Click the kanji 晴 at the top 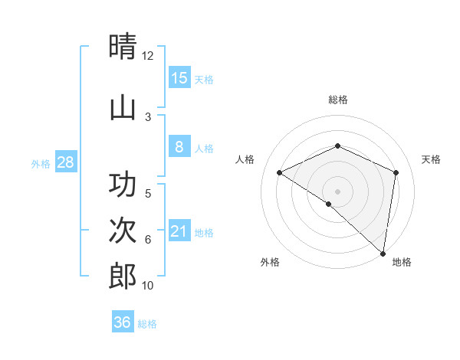[x=123, y=47]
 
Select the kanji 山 [x=123, y=107]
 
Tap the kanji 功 [x=123, y=185]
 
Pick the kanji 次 [x=123, y=231]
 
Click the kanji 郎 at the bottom [x=123, y=276]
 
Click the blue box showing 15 [x=179, y=77]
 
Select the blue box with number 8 [x=179, y=147]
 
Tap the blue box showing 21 [x=179, y=231]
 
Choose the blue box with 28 [x=65, y=162]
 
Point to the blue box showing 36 [x=123, y=322]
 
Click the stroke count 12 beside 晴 [x=148, y=56]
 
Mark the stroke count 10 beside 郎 [x=148, y=286]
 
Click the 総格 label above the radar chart [x=337, y=100]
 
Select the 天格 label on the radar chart [x=432, y=159]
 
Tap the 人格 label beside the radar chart [x=245, y=159]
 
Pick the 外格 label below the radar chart [x=270, y=262]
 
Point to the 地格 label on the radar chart [x=402, y=262]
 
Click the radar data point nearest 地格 [x=383, y=253]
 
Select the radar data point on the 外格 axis [x=329, y=204]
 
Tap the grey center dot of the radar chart [x=337, y=191]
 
